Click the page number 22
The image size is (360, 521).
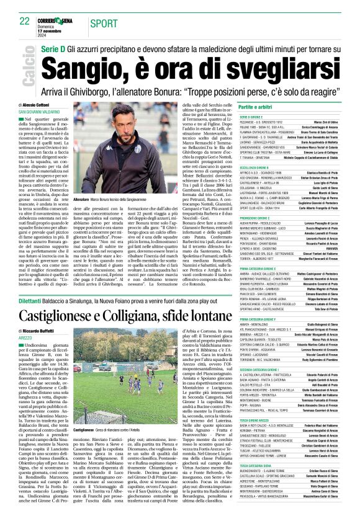24,21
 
